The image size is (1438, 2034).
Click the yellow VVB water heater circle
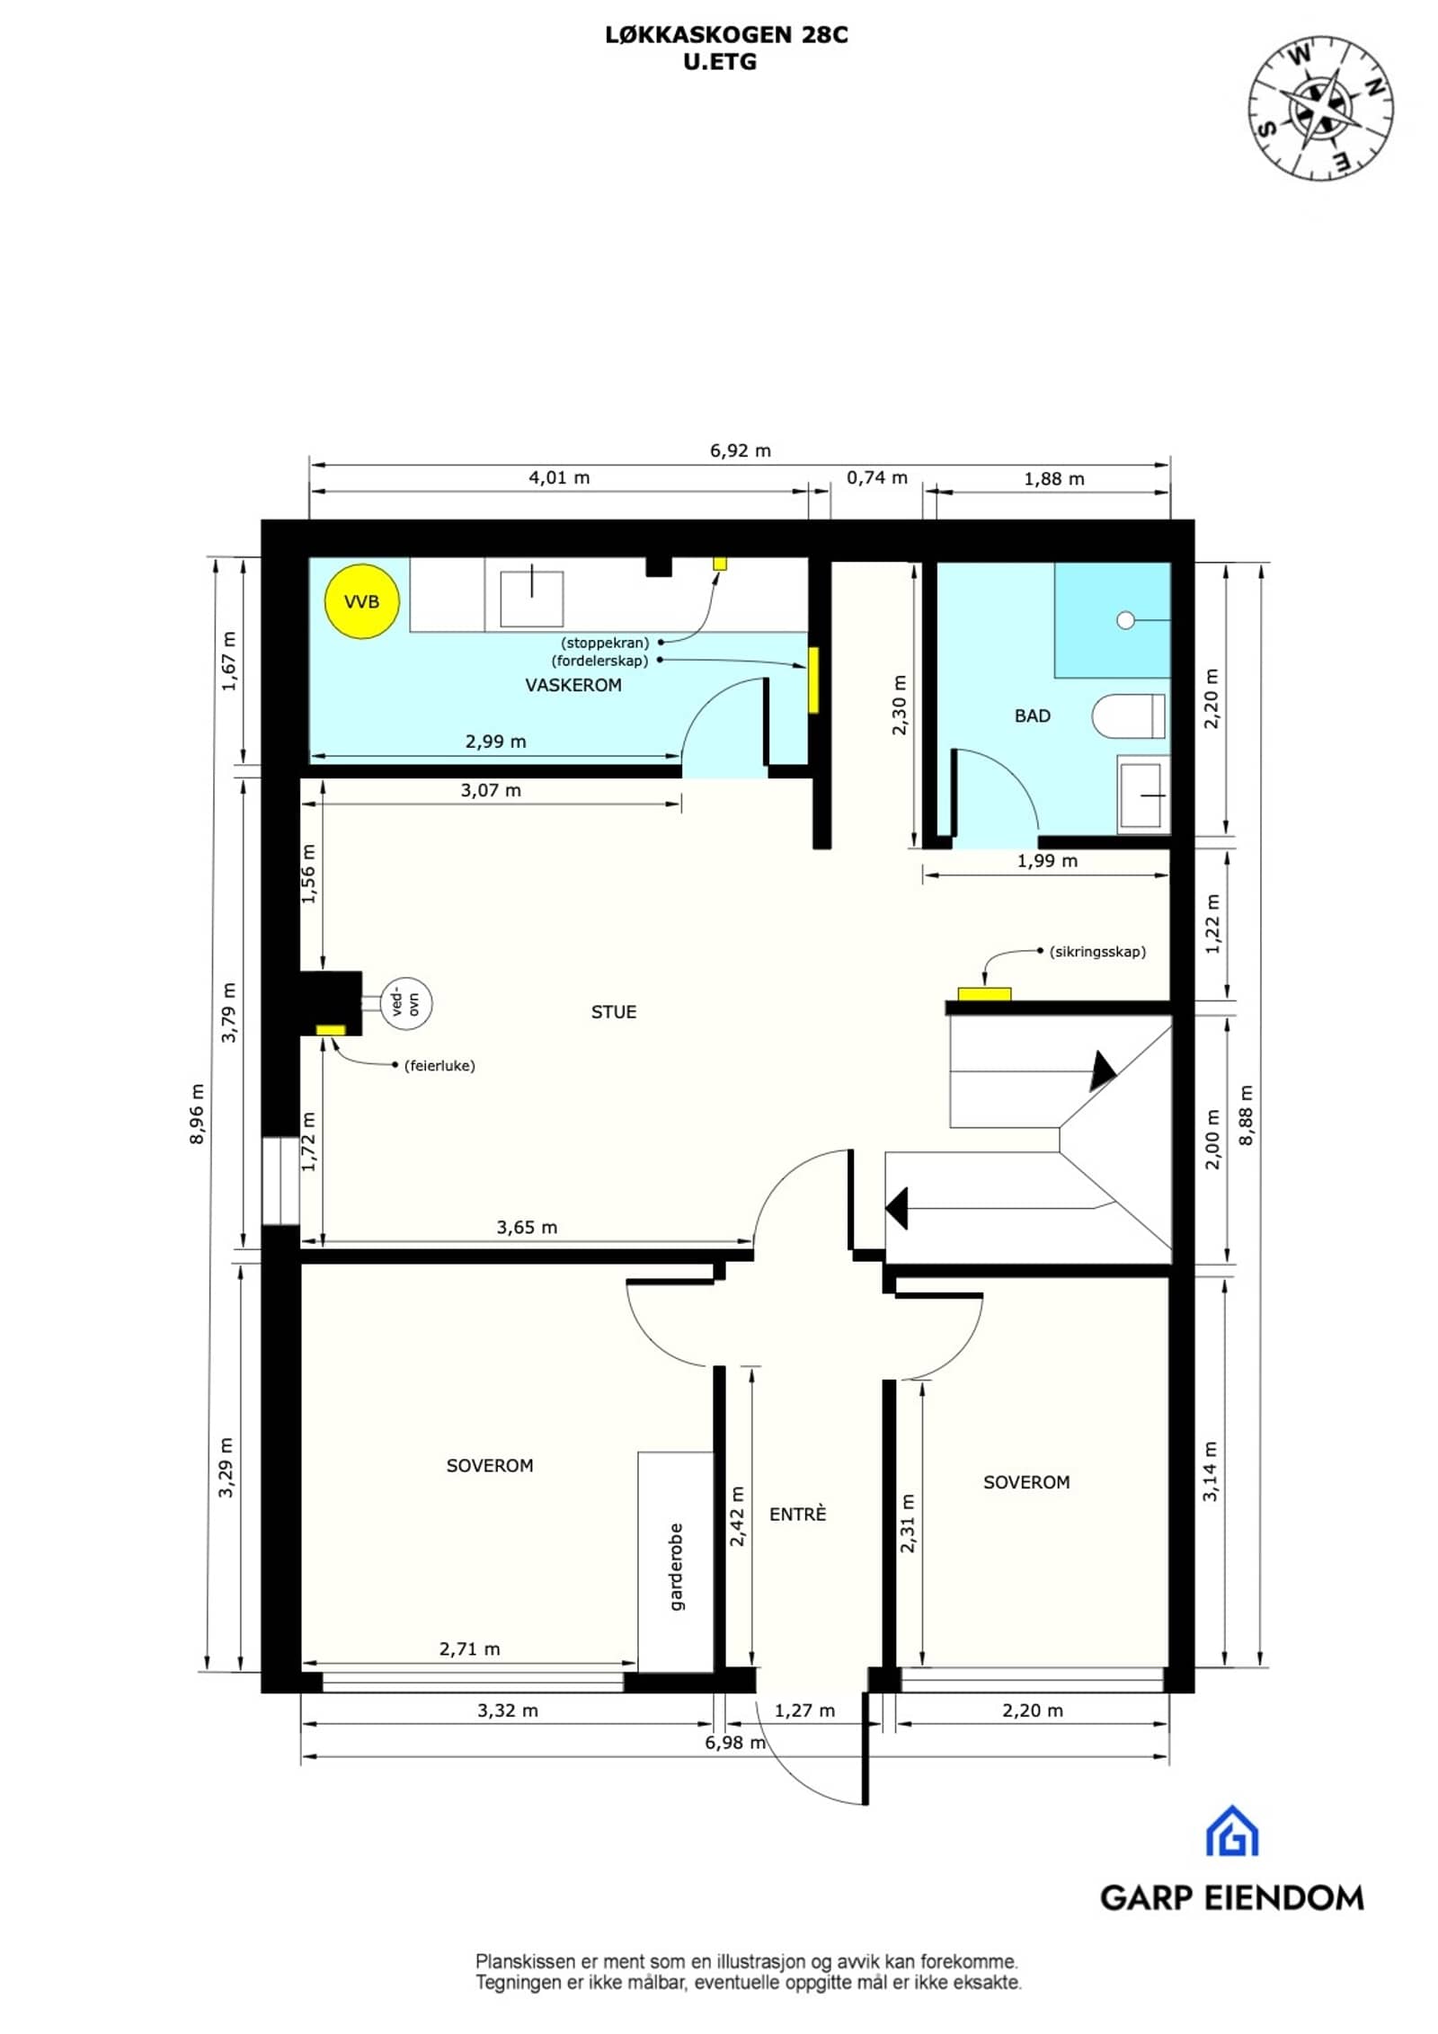pos(361,601)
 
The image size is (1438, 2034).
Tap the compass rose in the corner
pos(1320,109)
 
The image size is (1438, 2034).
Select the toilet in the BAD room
pos(1129,716)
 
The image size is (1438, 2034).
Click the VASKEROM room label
pos(573,685)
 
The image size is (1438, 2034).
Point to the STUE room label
pos(614,1012)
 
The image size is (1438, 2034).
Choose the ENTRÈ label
pos(797,1514)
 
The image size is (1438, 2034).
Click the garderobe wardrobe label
pos(677,1567)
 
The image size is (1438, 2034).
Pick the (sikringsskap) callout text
pos(1097,951)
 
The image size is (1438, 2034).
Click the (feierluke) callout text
pos(439,1066)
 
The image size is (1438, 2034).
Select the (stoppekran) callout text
pos(605,643)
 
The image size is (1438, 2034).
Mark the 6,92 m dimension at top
pos(741,450)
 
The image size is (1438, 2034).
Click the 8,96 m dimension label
pos(198,1114)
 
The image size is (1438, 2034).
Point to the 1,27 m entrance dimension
pos(804,1710)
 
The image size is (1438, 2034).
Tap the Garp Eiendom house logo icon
pos(1231,1831)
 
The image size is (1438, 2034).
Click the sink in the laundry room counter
pos(532,598)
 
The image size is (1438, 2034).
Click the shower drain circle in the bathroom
pos(1125,620)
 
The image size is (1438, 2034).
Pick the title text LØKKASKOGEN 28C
pos(726,35)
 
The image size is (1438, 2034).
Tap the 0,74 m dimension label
pos(877,477)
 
